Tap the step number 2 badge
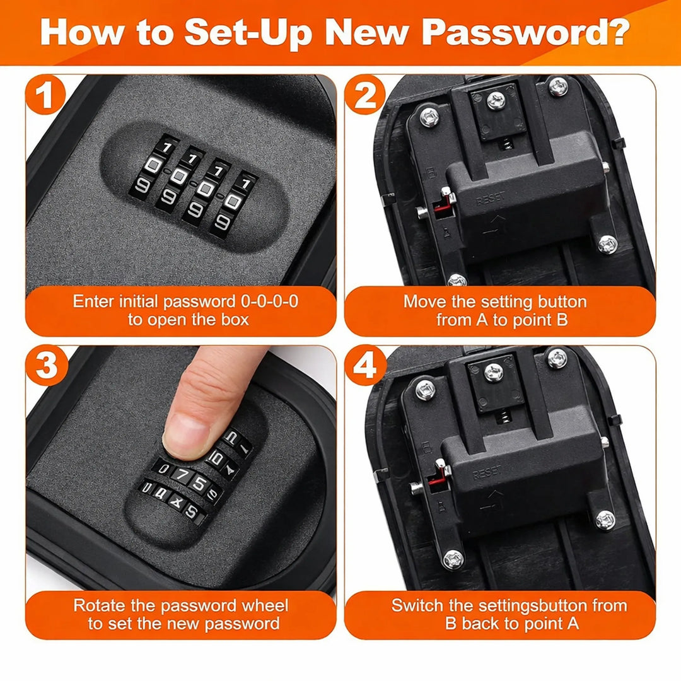365,96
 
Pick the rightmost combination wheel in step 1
233,202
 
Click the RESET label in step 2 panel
490,200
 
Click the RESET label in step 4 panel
487,472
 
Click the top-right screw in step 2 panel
557,87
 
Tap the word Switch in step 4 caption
417,606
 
